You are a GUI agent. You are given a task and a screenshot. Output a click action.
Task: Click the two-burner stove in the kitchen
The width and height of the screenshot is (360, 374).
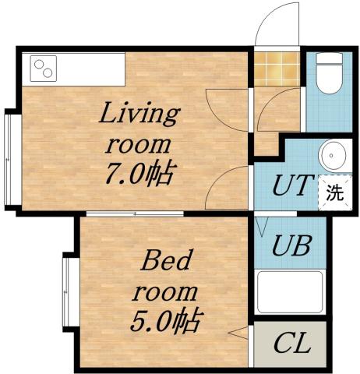click(43, 69)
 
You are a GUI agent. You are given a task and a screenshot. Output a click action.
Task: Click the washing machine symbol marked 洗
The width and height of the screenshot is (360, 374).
click(333, 192)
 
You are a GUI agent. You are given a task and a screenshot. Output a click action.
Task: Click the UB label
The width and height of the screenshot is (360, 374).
click(291, 246)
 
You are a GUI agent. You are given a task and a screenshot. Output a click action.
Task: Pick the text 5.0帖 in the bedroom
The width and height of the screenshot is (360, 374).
click(165, 320)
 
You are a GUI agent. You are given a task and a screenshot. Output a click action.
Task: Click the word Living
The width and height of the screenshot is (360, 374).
click(139, 116)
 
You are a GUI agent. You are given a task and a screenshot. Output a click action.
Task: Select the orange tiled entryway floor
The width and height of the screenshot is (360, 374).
click(277, 69)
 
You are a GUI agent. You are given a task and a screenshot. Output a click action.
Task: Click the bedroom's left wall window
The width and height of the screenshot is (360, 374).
click(68, 291)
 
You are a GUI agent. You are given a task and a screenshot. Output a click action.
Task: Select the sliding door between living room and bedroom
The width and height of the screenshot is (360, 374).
click(134, 213)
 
